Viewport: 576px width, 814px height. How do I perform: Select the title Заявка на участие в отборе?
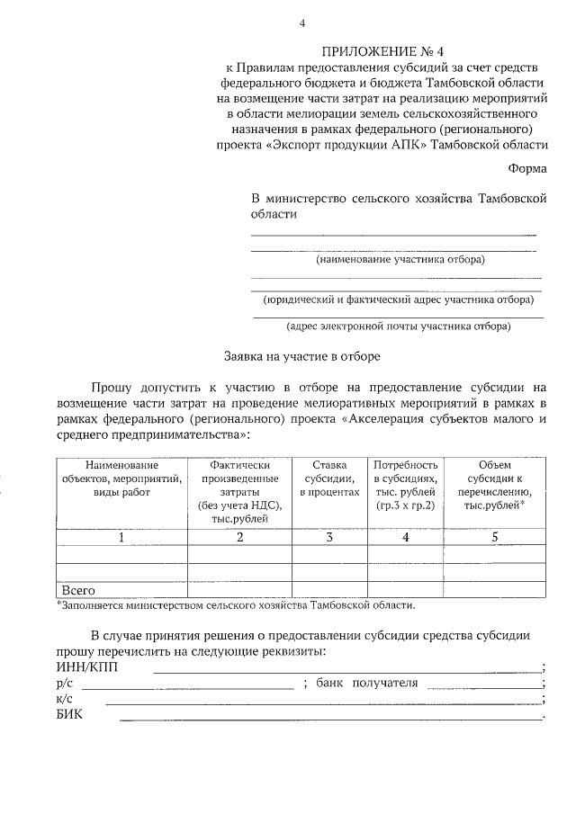pos(301,355)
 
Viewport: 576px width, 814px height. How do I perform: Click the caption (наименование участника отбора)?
pos(399,260)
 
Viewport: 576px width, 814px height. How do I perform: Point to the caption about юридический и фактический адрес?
pos(397,300)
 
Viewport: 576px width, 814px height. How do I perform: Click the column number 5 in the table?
pos(494,537)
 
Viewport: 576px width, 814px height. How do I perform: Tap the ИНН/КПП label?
pos(86,667)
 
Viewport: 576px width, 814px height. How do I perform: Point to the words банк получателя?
pos(366,684)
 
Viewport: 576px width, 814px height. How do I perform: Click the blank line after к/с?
pos(324,702)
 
